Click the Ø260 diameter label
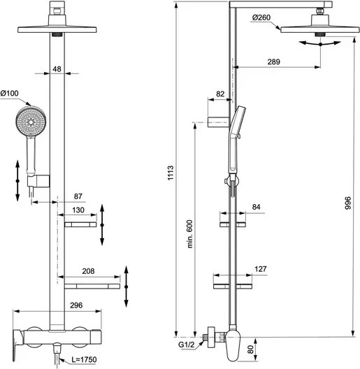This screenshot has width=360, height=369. tap(261, 17)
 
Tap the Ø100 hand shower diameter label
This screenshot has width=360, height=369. tap(9, 93)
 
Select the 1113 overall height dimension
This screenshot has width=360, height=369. tap(171, 173)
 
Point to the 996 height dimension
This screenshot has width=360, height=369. tap(347, 203)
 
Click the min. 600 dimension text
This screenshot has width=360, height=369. tap(189, 234)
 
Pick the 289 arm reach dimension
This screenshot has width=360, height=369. tap(274, 61)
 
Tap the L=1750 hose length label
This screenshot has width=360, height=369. tap(84, 360)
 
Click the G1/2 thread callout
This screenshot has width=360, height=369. tap(187, 345)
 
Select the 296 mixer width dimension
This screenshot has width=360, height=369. tap(76, 305)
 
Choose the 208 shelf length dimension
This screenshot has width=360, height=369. tap(88, 271)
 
